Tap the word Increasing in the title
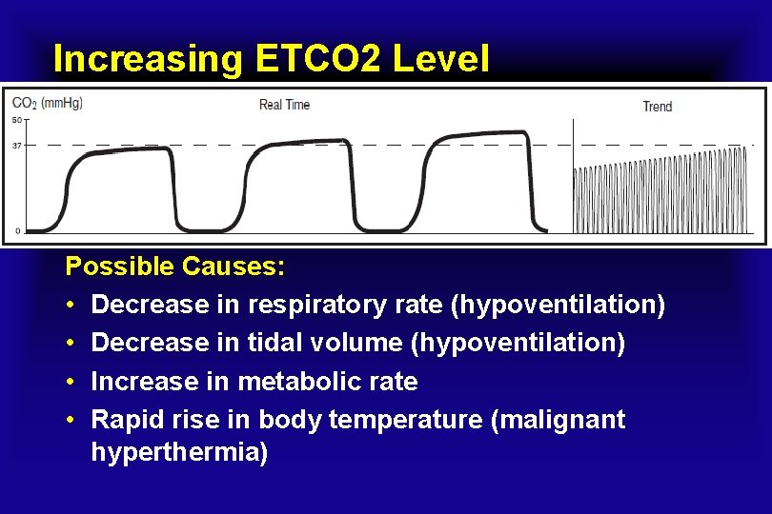[x=150, y=59]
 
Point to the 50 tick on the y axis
[x=17, y=120]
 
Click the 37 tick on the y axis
[x=17, y=146]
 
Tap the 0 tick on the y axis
[x=18, y=230]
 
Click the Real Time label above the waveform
[x=284, y=105]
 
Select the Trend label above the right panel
[x=657, y=107]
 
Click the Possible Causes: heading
[x=174, y=267]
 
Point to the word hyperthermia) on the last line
[x=179, y=452]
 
